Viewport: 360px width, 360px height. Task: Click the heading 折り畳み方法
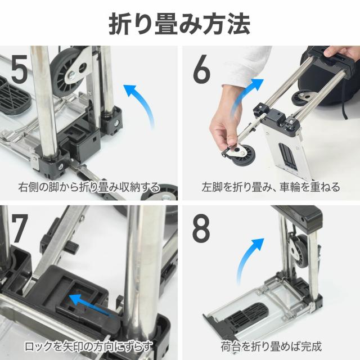(x=179, y=24)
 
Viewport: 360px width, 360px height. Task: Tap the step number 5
(x=20, y=70)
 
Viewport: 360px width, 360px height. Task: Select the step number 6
(x=201, y=70)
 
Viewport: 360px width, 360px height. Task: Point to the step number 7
(x=20, y=229)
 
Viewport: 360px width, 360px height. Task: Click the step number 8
(x=201, y=229)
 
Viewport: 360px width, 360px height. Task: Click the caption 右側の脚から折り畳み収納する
(x=89, y=187)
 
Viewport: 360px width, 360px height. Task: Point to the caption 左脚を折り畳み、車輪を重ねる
(x=271, y=187)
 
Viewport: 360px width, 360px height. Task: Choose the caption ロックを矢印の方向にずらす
(x=89, y=346)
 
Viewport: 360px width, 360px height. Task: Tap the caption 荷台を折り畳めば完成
(x=271, y=346)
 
